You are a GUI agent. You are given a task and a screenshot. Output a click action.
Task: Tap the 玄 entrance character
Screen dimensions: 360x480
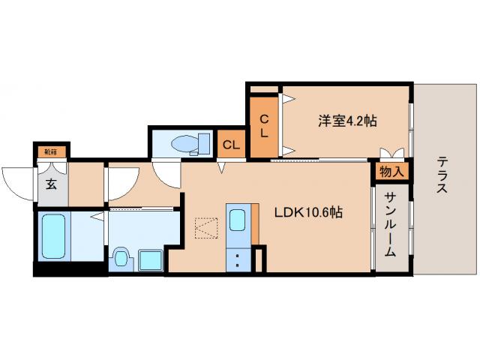pos(51,185)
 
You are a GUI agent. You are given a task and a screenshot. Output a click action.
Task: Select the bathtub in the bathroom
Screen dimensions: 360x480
pos(53,236)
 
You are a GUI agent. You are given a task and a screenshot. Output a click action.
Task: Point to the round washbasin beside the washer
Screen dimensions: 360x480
pos(120,259)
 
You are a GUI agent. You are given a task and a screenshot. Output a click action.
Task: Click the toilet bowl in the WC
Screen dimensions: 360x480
pos(184,143)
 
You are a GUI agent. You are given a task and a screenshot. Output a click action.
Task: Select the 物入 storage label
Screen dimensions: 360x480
pos(391,172)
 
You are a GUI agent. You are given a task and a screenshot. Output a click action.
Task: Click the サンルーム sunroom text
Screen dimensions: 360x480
pos(391,225)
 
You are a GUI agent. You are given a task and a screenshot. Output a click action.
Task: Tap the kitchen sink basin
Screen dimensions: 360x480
pos(237,220)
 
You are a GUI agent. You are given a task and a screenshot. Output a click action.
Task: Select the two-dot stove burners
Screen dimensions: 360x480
pos(238,260)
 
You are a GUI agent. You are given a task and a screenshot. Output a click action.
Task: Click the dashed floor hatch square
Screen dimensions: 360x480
pos(205,227)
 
